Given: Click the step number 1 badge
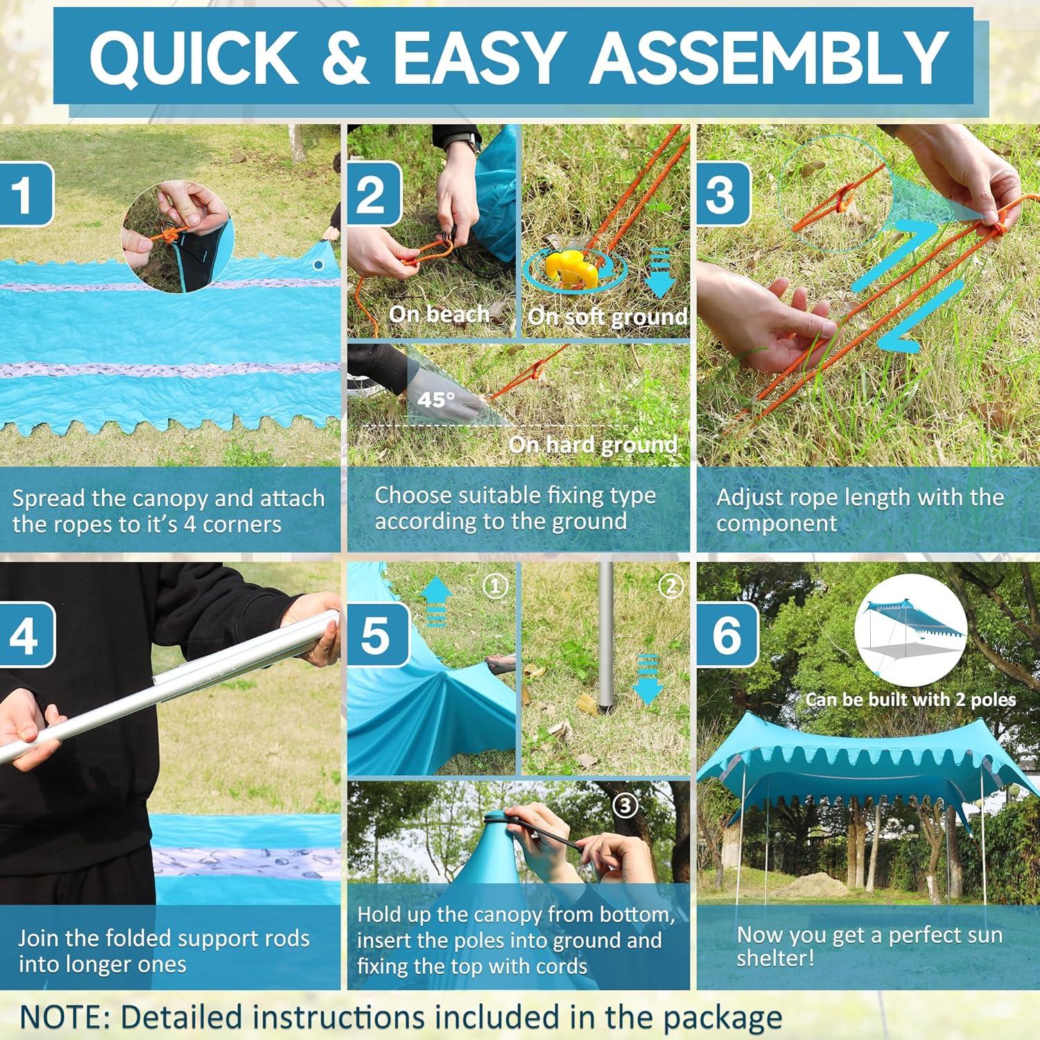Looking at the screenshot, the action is (x=25, y=194).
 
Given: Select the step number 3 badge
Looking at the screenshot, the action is (x=724, y=194).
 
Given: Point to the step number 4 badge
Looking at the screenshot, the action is (x=25, y=634).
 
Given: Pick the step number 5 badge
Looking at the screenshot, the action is (x=374, y=634).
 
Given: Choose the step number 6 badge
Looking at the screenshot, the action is (x=727, y=634).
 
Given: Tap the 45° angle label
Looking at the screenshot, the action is (x=436, y=400).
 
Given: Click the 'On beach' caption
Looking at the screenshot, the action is (x=440, y=314).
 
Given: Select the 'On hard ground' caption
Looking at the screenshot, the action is (x=593, y=444).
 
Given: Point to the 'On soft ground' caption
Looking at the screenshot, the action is (x=607, y=317).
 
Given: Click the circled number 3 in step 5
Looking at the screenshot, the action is (x=625, y=806).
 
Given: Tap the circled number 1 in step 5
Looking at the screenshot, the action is (x=495, y=587).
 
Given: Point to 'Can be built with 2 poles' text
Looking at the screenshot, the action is (x=910, y=699).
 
